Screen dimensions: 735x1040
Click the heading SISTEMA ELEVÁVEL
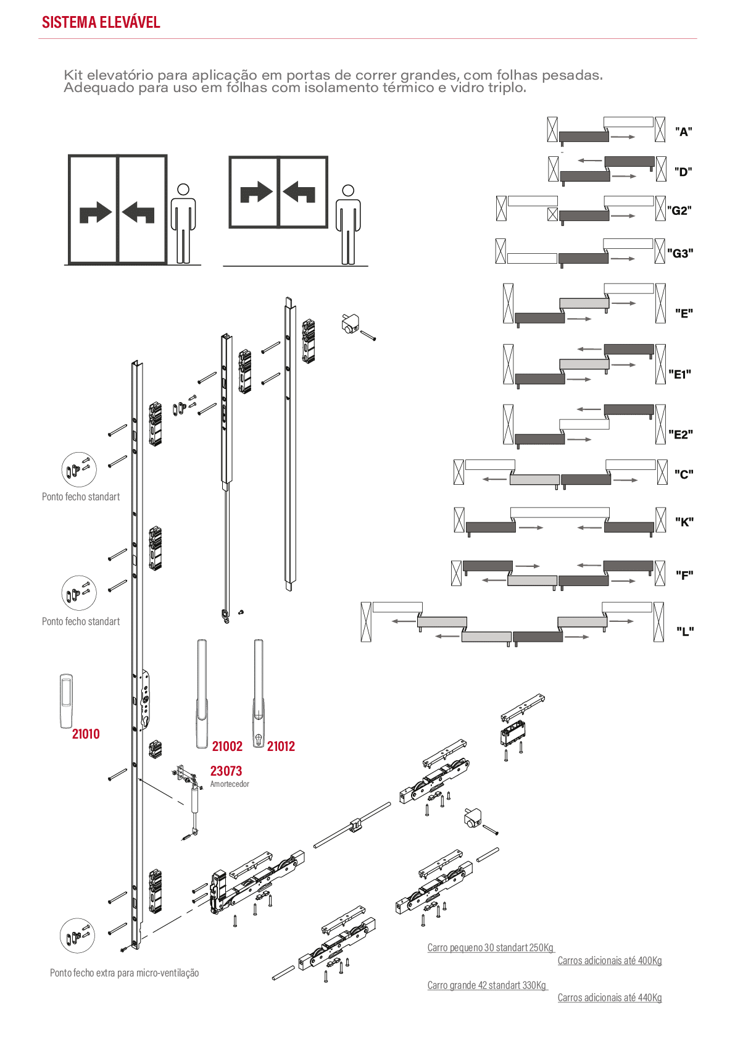coord(101,22)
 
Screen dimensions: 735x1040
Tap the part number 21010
coord(86,734)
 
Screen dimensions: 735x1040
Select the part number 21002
coord(227,747)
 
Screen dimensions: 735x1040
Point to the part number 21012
coord(281,747)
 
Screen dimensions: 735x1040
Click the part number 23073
coord(226,771)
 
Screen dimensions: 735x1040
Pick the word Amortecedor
coord(230,784)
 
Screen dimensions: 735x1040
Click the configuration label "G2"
coord(679,211)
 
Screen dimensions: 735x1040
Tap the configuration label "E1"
coord(680,374)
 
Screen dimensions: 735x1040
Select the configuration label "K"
coord(684,522)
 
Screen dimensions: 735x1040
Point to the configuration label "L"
coord(685,631)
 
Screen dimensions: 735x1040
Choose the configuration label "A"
coord(684,132)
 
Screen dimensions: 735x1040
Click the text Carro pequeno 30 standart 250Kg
coord(491,947)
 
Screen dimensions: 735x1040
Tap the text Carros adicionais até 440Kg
coord(610,998)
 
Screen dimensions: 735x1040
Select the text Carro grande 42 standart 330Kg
coord(487,985)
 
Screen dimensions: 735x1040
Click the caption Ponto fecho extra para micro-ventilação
coord(125,973)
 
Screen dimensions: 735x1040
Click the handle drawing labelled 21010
coord(67,701)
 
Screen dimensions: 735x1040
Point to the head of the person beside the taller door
coord(183,190)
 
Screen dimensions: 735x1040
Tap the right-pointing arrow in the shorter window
coord(256,192)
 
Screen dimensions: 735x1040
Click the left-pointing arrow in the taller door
coord(138,212)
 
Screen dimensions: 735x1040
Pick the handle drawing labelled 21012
coord(259,694)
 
